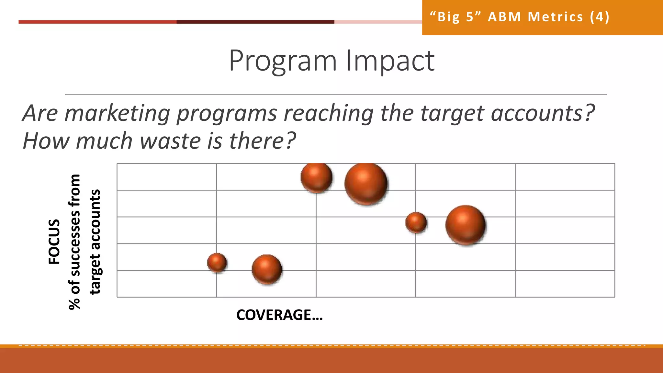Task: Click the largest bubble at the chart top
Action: coord(366,184)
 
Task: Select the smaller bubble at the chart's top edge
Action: coord(316,177)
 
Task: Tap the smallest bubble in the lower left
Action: coord(217,262)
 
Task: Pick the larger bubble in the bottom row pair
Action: coord(267,269)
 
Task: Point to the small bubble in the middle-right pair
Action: coord(416,222)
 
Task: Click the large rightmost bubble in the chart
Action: coord(466,225)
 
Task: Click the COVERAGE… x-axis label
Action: coord(279,315)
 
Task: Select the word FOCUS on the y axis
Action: coord(54,242)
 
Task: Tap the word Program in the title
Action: coord(283,61)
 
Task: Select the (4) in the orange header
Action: coord(600,17)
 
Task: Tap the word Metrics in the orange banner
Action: coord(555,17)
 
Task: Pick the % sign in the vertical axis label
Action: coord(74,304)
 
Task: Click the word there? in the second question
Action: coord(262,141)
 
